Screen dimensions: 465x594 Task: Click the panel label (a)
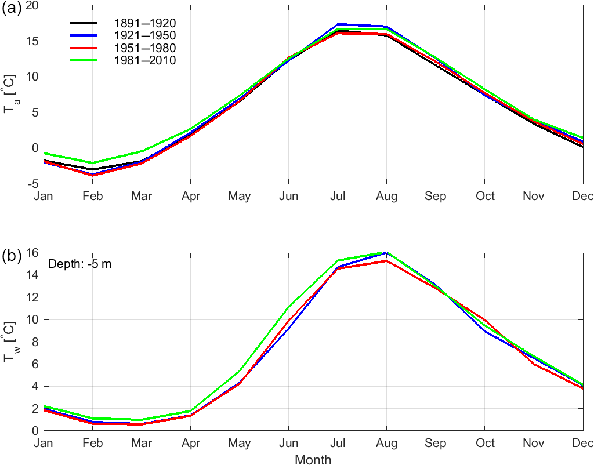[12, 8]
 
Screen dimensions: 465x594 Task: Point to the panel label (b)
[12, 255]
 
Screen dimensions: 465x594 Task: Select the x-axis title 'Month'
[313, 460]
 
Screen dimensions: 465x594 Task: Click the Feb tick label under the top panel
[93, 196]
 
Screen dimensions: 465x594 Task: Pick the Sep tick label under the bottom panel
[436, 444]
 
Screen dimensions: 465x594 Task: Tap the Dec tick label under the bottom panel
[583, 444]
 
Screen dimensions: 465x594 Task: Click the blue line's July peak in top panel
[338, 24]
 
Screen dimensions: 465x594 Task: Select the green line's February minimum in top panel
[93, 163]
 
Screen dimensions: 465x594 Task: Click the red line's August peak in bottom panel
[386, 261]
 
